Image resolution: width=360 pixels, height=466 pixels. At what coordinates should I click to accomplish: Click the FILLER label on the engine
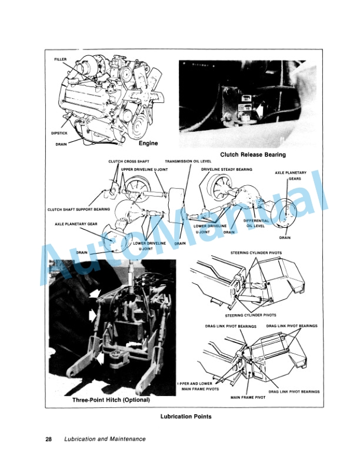(61, 60)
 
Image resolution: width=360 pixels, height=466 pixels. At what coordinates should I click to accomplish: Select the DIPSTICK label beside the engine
(61, 133)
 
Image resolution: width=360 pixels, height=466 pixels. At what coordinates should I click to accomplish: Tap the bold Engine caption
(149, 143)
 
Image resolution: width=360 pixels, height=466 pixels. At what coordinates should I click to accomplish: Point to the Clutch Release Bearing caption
(252, 155)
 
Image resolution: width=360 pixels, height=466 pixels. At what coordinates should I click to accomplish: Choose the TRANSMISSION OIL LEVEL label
(188, 161)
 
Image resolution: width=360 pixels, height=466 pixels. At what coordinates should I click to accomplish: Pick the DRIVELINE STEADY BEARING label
(226, 169)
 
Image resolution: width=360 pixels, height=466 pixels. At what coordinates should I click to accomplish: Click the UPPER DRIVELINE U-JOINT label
(144, 169)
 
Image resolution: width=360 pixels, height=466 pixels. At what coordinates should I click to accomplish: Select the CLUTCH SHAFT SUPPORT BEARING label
(79, 209)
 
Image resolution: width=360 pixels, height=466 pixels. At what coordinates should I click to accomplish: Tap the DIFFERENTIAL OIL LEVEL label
(257, 223)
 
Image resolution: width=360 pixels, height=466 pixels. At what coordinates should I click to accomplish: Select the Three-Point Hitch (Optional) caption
(111, 400)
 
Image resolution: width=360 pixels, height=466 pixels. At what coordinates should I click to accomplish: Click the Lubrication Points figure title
(186, 417)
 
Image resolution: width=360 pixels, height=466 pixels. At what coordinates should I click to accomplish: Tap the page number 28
(49, 439)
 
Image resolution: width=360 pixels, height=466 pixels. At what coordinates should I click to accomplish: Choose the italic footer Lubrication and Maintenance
(105, 439)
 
